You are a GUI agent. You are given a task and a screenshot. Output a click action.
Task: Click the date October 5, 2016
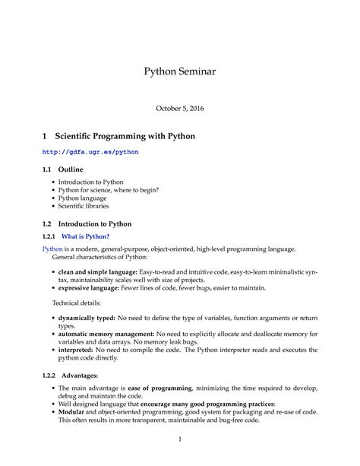(x=180, y=108)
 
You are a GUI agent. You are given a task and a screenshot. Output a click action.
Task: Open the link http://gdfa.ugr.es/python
(x=90, y=152)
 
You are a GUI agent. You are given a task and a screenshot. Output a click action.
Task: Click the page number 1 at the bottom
(x=180, y=439)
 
